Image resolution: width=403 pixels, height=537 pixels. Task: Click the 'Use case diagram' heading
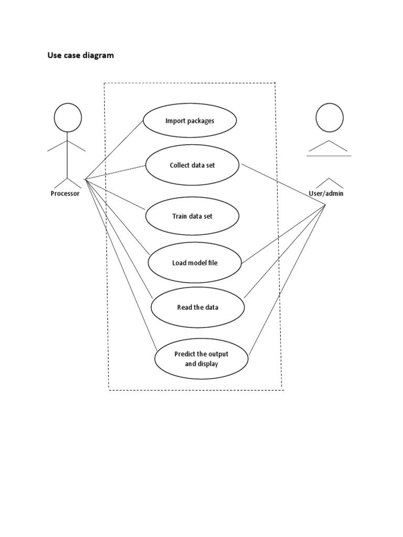pos(80,55)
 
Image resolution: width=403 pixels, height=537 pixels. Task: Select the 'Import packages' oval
pos(189,121)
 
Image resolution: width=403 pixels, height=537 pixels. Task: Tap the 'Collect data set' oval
pos(192,165)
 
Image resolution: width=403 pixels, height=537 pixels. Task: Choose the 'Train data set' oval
pos(192,216)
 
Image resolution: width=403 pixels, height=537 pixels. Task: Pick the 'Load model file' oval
pos(195,262)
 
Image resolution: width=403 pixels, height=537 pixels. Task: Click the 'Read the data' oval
pos(197,307)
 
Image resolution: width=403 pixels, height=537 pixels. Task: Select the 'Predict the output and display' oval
pos(201,359)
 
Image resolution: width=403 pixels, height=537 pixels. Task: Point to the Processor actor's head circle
pos(68,118)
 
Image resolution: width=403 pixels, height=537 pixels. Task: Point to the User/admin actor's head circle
pos(329,117)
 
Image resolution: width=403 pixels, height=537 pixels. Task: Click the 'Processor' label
pos(65,194)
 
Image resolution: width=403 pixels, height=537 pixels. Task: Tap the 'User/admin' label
pos(326,194)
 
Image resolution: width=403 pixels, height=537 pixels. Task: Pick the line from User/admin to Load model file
pos(283,233)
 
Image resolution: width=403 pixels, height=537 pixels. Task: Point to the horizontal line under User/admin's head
pos(329,156)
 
